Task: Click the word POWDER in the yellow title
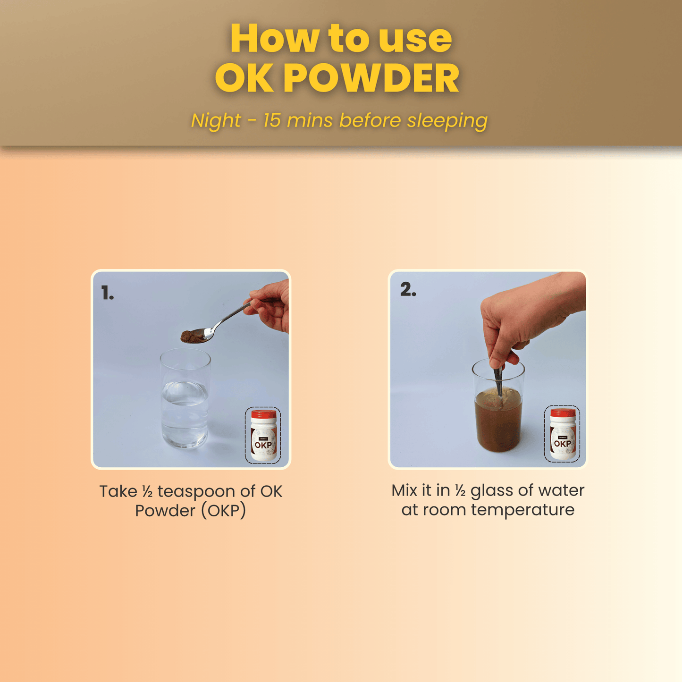tap(371, 78)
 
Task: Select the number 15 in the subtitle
tap(272, 120)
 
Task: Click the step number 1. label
tap(108, 294)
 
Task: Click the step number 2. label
tap(408, 289)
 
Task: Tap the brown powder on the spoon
tap(192, 336)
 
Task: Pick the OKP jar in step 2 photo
tap(562, 434)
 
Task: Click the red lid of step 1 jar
tap(263, 414)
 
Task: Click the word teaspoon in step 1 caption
tap(196, 491)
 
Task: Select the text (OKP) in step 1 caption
tap(223, 511)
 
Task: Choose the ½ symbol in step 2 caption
tap(460, 491)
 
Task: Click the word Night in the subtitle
tap(216, 121)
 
